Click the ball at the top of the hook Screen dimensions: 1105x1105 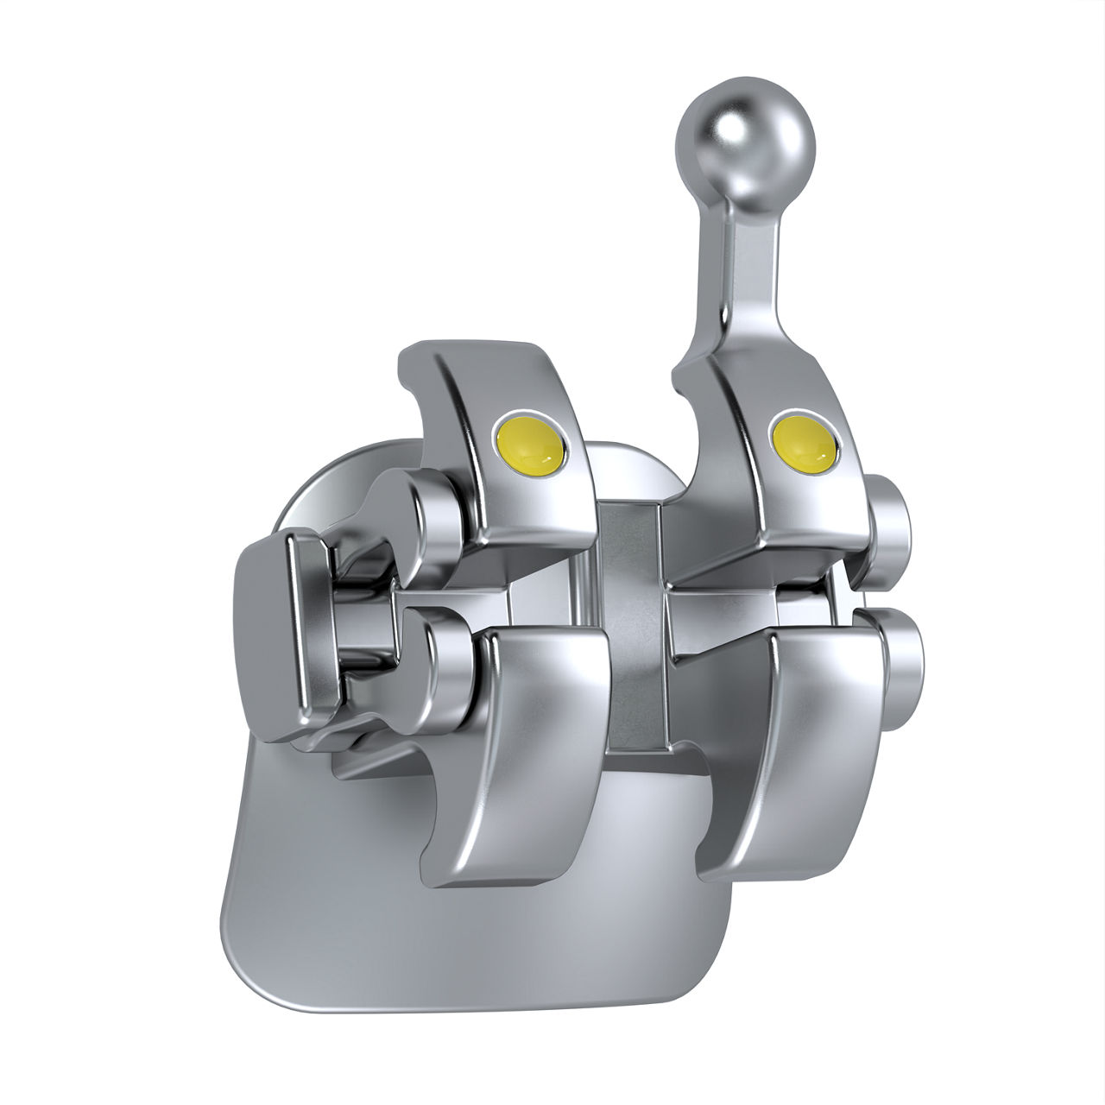[745, 141]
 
